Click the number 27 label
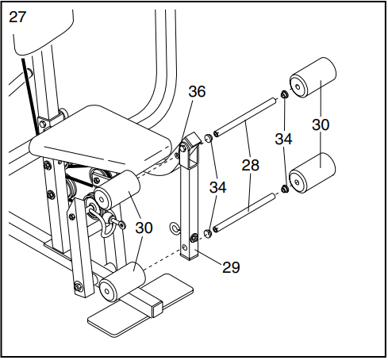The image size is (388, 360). point(17,17)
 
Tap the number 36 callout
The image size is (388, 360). point(197,92)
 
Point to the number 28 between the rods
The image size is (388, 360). point(252,165)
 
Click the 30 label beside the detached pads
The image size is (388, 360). point(321,125)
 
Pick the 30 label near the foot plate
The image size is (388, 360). point(144,228)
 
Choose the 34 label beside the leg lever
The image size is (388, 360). point(218,187)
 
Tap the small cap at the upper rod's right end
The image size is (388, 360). point(282,97)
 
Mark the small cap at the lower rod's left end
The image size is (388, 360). point(208,232)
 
